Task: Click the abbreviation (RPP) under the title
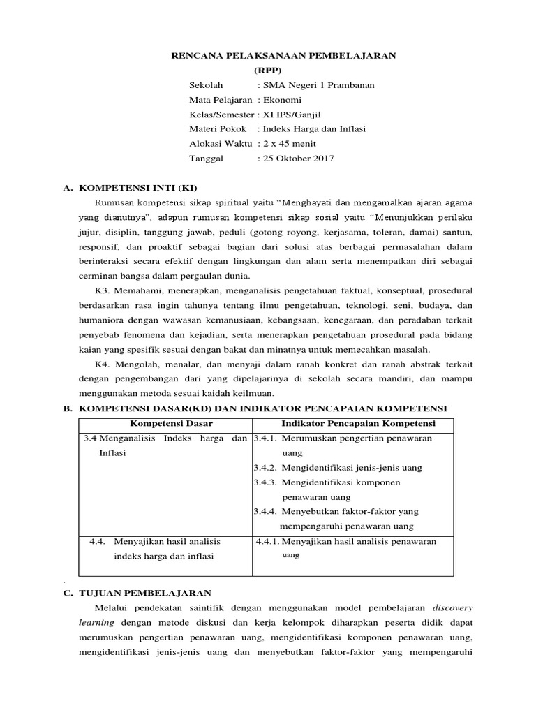click(269, 71)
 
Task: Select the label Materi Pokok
click(218, 129)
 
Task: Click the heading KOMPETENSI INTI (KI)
click(139, 189)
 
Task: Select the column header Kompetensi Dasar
click(163, 424)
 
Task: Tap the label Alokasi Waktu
click(221, 143)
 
